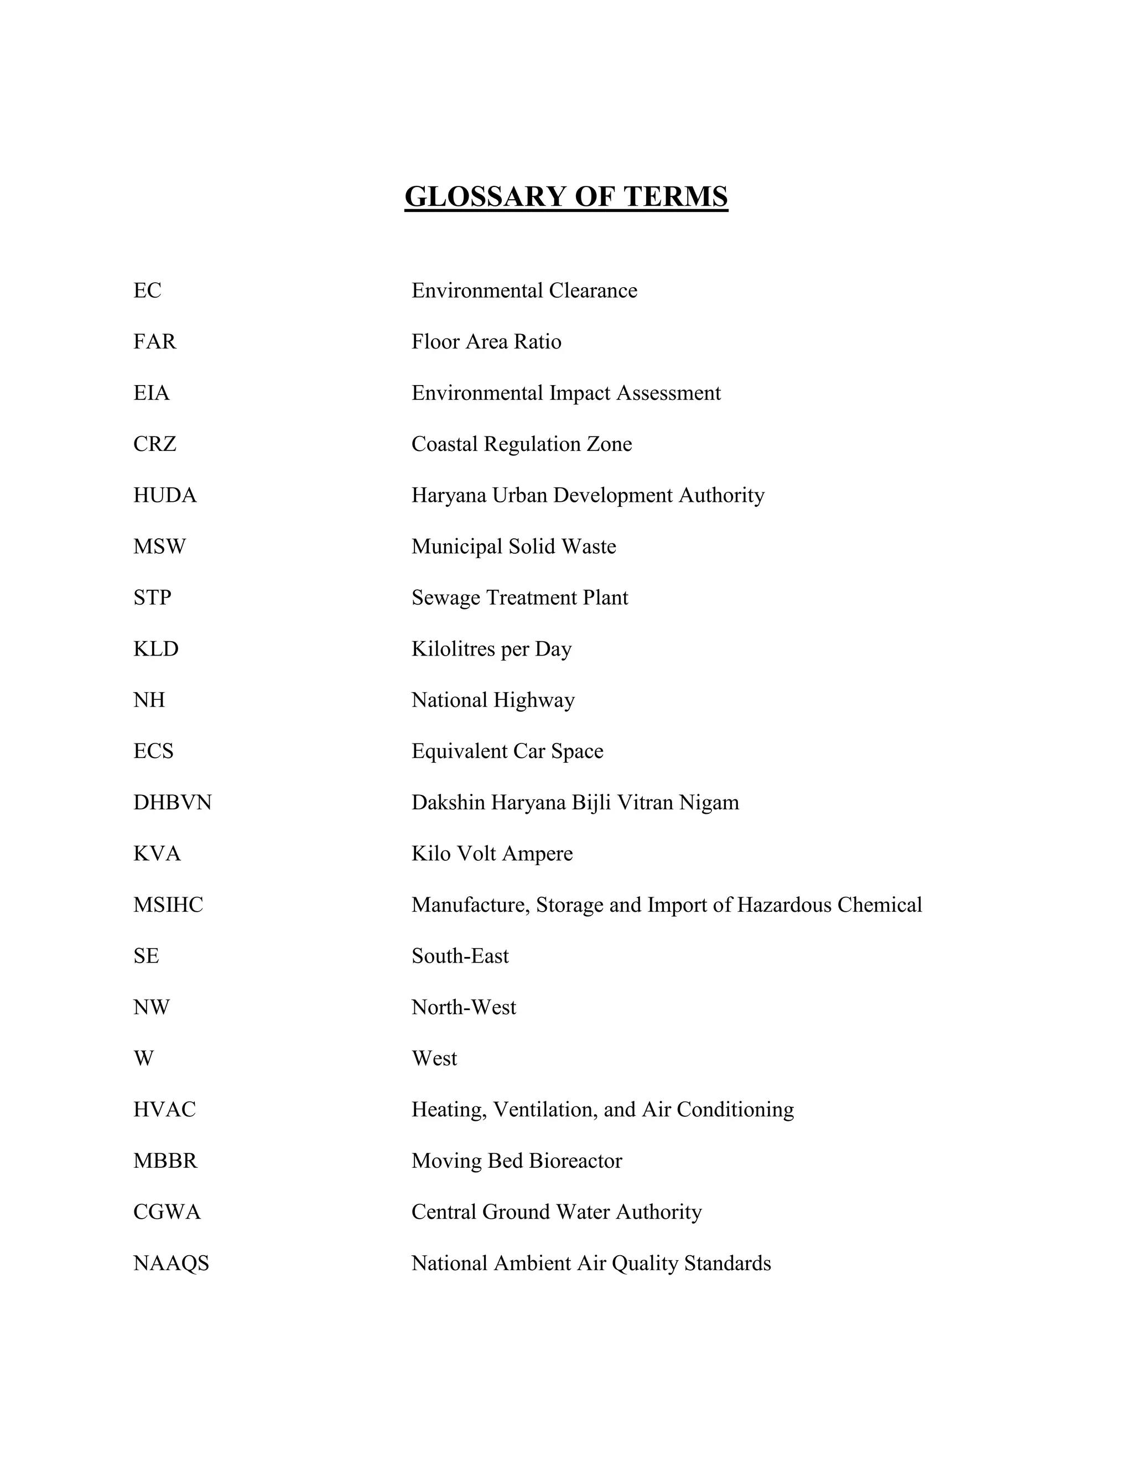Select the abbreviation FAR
coord(154,342)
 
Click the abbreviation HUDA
coord(164,495)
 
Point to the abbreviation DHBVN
coord(173,803)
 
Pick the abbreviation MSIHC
coord(168,905)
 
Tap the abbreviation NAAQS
coord(171,1264)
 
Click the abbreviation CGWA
coord(167,1212)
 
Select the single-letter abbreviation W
coord(144,1058)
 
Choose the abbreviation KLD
coord(155,649)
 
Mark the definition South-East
coord(460,956)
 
